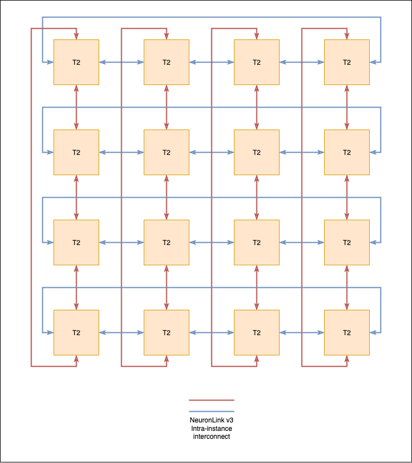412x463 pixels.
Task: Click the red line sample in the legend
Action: [x=211, y=400]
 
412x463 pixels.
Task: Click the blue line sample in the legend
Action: [x=211, y=411]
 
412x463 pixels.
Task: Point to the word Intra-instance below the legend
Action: [x=211, y=429]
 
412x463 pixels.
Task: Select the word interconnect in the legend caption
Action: [x=211, y=437]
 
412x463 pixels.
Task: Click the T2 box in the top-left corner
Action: [x=76, y=63]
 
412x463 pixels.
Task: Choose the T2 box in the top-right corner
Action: [x=347, y=63]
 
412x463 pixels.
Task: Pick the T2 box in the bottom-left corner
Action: [x=76, y=332]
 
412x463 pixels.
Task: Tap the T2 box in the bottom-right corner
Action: [x=347, y=332]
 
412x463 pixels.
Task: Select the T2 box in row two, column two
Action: [x=166, y=153]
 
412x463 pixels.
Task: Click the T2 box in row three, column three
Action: [x=256, y=242]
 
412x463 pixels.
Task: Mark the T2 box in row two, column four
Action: [x=347, y=153]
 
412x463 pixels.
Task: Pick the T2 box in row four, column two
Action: [x=166, y=332]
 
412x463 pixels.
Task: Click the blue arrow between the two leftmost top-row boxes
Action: [x=122, y=63]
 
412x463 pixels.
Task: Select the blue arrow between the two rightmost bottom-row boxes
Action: [x=302, y=332]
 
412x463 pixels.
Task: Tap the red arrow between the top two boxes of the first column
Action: [x=76, y=108]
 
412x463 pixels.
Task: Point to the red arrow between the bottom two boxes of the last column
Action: [x=347, y=288]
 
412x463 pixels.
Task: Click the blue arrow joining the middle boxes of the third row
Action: [x=211, y=242]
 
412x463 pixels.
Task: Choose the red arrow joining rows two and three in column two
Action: [x=166, y=198]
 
